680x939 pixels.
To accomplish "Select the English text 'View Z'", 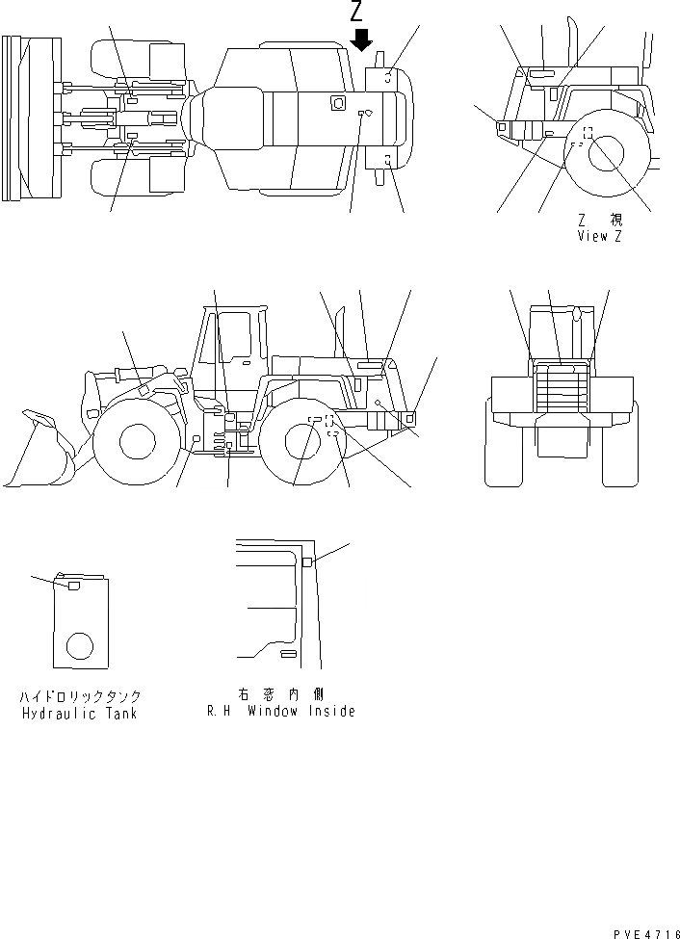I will tap(598, 236).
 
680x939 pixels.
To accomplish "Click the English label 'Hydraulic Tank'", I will tap(80, 714).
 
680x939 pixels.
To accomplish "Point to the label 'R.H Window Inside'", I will tap(280, 712).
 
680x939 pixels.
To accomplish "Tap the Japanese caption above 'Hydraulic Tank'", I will tap(80, 695).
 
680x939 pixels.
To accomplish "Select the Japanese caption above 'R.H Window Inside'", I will tap(280, 693).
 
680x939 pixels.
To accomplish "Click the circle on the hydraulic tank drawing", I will tap(80, 645).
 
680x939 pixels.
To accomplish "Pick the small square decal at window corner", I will tap(307, 562).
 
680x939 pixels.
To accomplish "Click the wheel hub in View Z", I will tap(607, 154).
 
